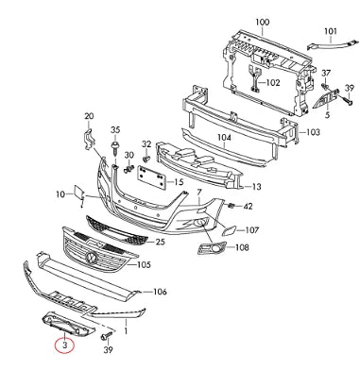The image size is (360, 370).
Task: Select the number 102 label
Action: click(272, 82)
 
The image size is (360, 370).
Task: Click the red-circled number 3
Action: click(64, 345)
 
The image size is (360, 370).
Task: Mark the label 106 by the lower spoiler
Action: click(160, 292)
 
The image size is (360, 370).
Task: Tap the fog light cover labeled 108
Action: click(208, 250)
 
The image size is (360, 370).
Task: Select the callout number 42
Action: click(249, 205)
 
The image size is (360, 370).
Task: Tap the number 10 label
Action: click(59, 194)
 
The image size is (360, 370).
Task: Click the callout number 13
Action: click(256, 186)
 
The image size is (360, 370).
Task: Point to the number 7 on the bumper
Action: click(199, 192)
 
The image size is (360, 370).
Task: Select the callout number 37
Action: click(325, 74)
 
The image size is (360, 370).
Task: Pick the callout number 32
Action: click(146, 143)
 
